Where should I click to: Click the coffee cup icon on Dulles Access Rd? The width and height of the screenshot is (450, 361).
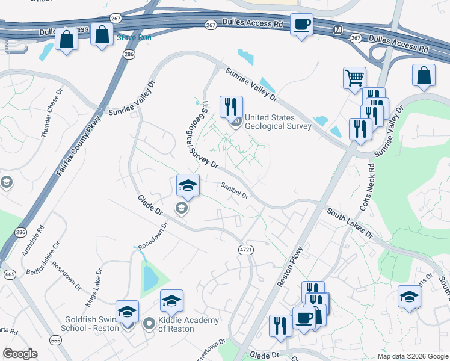[301, 25]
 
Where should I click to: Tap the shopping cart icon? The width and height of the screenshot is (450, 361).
[354, 77]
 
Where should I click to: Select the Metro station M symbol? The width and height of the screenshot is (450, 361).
[338, 29]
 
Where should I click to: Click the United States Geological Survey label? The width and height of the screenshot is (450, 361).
[277, 122]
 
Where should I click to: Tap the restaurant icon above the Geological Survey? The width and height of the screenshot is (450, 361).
[231, 106]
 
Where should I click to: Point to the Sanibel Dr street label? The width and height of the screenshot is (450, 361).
[234, 191]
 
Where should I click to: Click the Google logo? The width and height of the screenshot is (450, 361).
[20, 354]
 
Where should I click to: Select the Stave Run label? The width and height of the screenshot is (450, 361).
[134, 37]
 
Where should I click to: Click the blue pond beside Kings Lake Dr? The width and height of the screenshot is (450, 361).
[149, 279]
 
